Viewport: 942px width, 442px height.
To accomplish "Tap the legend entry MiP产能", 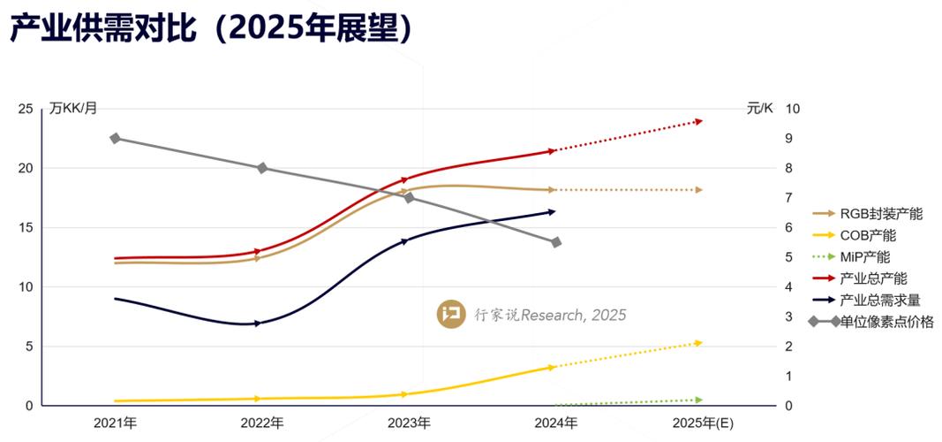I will tap(864, 256).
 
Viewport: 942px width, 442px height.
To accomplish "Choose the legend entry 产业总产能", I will tap(872, 278).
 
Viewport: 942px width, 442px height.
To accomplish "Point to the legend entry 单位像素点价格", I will tap(885, 322).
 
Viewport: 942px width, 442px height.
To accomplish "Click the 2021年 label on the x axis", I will tap(116, 423).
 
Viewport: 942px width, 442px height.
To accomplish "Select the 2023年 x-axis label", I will tap(409, 423).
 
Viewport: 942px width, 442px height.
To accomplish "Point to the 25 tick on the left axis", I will tap(26, 109).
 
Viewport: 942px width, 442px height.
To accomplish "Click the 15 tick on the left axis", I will tap(26, 227).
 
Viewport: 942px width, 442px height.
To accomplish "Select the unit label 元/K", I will tap(758, 109).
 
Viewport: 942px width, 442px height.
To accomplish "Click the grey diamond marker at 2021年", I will tap(115, 139).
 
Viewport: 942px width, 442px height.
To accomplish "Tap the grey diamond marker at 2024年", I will tap(555, 242).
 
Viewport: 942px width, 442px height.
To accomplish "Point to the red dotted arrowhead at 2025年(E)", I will tap(698, 121).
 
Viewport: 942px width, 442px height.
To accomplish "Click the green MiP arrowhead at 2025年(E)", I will tap(698, 400).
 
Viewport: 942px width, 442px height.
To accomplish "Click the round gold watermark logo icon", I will tap(451, 314).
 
